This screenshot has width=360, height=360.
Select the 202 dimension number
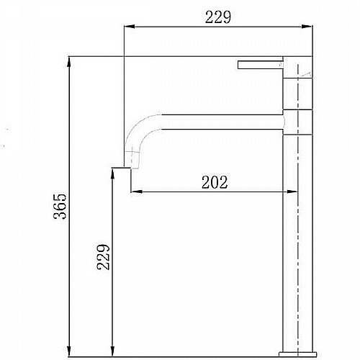[215, 182]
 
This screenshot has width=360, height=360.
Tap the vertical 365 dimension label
[60, 206]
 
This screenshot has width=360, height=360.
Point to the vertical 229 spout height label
[104, 257]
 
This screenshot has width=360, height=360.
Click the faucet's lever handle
[261, 65]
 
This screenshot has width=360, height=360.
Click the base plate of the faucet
[298, 354]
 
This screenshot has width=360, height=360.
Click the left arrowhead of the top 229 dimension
[129, 27]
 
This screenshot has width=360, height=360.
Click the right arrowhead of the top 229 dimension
[307, 27]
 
